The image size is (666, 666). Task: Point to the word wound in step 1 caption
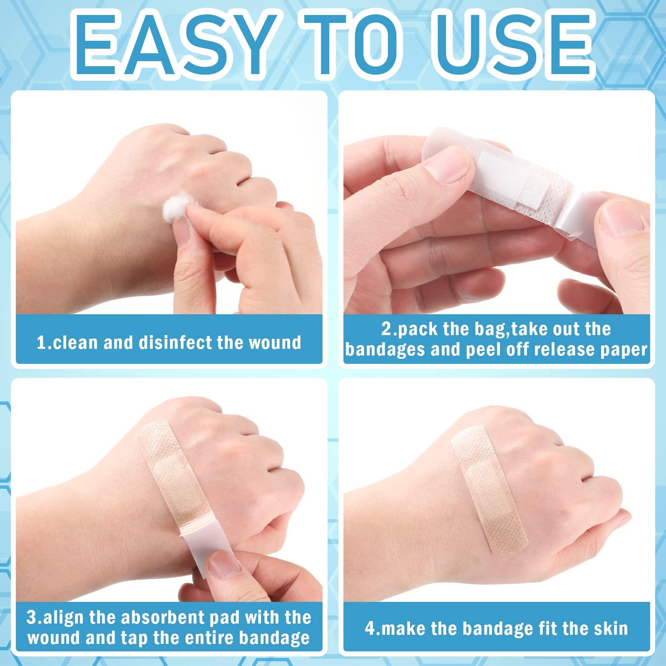click(x=275, y=343)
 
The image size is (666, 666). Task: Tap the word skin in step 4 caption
click(x=611, y=628)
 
